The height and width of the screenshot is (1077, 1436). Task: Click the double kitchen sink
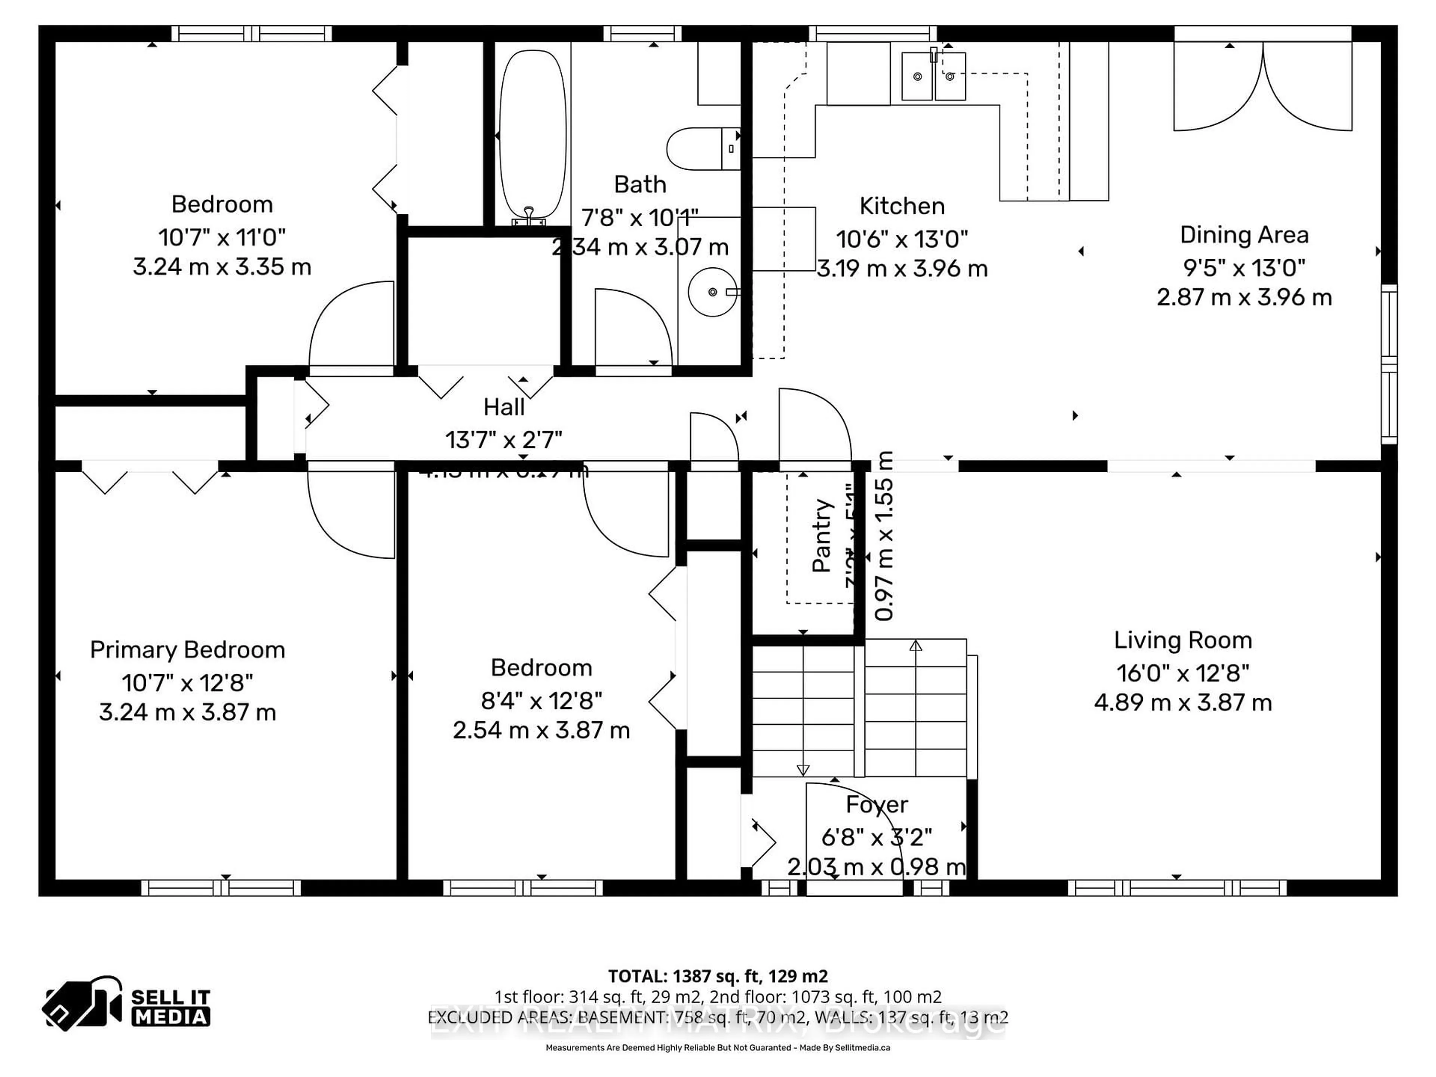(933, 77)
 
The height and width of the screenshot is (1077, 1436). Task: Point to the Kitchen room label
(902, 206)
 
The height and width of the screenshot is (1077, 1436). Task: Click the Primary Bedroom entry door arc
(350, 513)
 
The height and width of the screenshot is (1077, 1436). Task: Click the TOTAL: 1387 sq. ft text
(717, 976)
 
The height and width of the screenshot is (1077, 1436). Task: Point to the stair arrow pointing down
(803, 769)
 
